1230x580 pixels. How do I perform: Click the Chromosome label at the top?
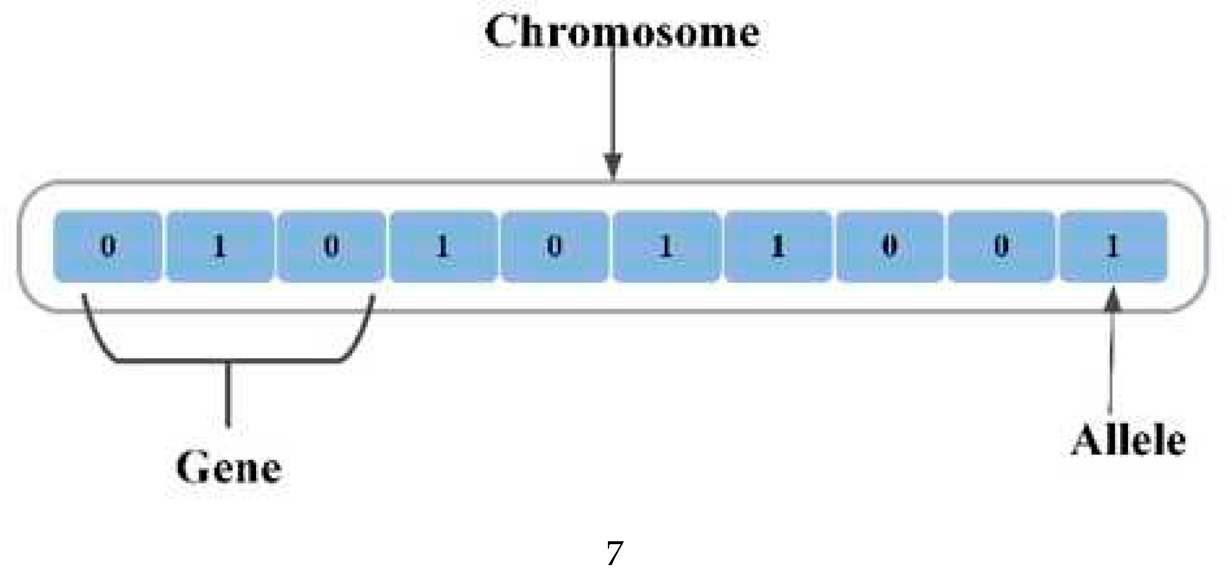(x=622, y=32)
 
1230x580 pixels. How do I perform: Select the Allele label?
(x=1128, y=440)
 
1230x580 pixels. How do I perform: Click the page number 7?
(x=615, y=553)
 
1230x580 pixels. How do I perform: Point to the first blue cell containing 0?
(x=108, y=247)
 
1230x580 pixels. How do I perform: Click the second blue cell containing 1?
(x=220, y=247)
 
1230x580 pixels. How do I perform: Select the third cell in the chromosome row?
(x=331, y=247)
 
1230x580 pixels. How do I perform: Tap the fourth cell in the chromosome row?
(x=443, y=247)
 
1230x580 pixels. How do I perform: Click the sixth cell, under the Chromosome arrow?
(x=666, y=247)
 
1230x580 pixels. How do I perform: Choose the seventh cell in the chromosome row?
(x=778, y=247)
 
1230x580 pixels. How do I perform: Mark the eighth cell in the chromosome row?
(x=889, y=247)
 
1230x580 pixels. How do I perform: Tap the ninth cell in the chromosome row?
(x=1001, y=247)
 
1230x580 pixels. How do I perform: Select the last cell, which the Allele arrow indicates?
(x=1113, y=247)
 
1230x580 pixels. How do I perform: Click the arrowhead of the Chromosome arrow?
(x=613, y=165)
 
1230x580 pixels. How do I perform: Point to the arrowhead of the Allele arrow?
(x=1113, y=300)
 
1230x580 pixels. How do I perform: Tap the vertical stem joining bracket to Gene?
(x=228, y=394)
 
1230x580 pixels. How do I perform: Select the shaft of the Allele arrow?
(x=1110, y=363)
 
